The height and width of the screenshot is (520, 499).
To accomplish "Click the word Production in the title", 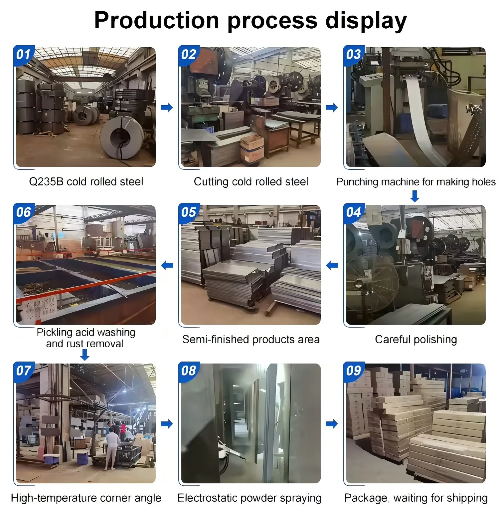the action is pyautogui.click(x=156, y=21).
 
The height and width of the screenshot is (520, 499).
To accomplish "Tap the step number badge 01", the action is pyautogui.click(x=23, y=54).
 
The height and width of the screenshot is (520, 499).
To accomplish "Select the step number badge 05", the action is pyautogui.click(x=189, y=212).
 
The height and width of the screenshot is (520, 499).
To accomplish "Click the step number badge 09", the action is pyautogui.click(x=353, y=371).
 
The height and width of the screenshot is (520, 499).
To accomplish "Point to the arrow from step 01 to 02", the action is pyautogui.click(x=167, y=108).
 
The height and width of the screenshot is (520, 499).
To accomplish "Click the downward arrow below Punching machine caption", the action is pyautogui.click(x=415, y=196).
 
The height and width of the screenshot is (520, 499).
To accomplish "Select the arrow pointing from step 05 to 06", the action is pyautogui.click(x=167, y=265).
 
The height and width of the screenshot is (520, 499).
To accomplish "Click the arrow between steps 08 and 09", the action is pyautogui.click(x=332, y=424).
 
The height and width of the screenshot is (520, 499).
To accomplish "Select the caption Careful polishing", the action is pyautogui.click(x=416, y=340).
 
